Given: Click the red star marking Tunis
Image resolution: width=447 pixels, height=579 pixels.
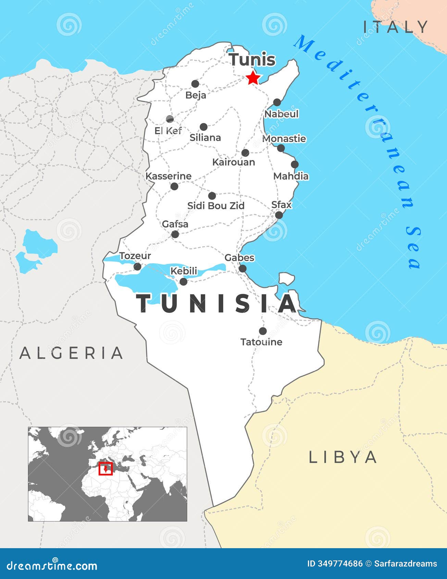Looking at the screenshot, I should coord(253,78).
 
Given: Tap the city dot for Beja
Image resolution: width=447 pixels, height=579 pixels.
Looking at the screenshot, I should coord(195,84).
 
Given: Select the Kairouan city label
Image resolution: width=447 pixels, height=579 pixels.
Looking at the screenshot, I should coord(234,162).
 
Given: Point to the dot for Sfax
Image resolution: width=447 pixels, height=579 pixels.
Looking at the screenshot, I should coord(279,215).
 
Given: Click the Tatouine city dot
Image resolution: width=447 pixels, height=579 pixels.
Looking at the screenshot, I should coord(263,331).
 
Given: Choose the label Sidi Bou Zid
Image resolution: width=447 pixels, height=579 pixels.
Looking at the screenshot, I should coord(216,206).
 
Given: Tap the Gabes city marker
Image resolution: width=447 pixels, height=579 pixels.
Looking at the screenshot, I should coord(243,269).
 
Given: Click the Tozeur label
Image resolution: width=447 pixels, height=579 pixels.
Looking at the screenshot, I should coord(135,256).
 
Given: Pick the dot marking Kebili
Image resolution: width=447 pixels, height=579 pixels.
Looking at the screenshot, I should coord(184,282).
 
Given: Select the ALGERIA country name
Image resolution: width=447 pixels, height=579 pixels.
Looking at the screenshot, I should coord(71,353).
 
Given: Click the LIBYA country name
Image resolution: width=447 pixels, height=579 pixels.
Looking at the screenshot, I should coord(343,457).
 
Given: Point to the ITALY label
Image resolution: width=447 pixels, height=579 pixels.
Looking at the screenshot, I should coord(396,27).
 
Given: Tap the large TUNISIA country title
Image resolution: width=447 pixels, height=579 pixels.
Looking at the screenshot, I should coord(217,304).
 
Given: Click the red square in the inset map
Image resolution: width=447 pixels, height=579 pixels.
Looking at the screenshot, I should coord(105,469).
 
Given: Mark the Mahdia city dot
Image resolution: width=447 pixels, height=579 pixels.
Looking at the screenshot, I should coord(295,164).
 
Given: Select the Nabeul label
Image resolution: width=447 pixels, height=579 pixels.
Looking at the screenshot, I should coord(282,114).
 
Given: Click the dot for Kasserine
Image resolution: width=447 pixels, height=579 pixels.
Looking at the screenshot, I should coord(174,186).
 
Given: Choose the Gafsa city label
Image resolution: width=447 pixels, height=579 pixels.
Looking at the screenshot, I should coord(175,224).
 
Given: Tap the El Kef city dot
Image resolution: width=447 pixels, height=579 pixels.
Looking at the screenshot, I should coord(170,119).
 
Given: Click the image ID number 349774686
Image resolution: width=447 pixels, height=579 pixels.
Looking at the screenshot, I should coord(335,564).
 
